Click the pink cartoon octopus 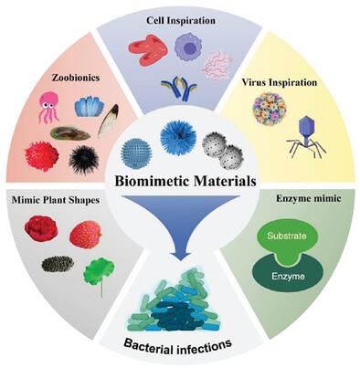tap(48, 107)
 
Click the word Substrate tap(287, 236)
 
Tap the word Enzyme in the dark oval tap(288, 277)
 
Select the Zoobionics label tap(76, 78)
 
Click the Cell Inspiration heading tap(181, 20)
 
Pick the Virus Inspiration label tap(280, 82)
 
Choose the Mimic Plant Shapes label tap(56, 200)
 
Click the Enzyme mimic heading tap(309, 198)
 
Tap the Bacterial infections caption tap(178, 346)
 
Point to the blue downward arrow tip tap(181, 258)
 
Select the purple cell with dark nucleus tap(188, 47)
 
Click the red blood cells tap(148, 49)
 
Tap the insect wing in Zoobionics tap(109, 121)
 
